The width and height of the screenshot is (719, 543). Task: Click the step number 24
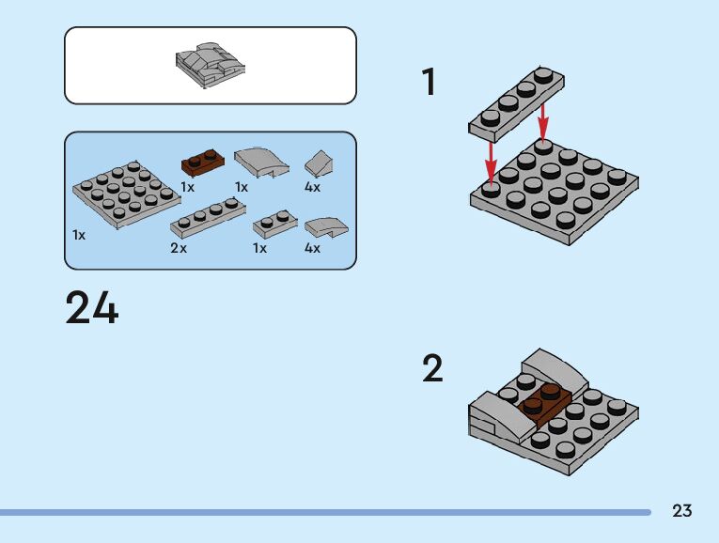pyautogui.click(x=92, y=308)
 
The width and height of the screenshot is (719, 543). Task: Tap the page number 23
pyautogui.click(x=682, y=511)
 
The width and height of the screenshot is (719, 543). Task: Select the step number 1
pyautogui.click(x=430, y=83)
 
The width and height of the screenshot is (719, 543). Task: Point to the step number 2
pyautogui.click(x=431, y=368)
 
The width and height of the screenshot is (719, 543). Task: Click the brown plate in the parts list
pyautogui.click(x=202, y=163)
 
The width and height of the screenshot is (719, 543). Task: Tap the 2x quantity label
pyautogui.click(x=179, y=249)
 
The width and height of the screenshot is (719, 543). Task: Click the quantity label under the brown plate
pyautogui.click(x=187, y=187)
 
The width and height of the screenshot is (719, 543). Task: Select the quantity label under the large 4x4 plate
pyautogui.click(x=79, y=235)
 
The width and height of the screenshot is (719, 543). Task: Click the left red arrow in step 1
pyautogui.click(x=491, y=158)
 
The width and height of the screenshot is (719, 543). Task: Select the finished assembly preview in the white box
pyautogui.click(x=210, y=65)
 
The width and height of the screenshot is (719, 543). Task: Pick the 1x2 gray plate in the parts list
pyautogui.click(x=275, y=225)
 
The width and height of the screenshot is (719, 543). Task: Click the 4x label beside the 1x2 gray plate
pyautogui.click(x=312, y=249)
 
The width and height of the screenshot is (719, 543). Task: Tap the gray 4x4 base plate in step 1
pyautogui.click(x=555, y=193)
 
